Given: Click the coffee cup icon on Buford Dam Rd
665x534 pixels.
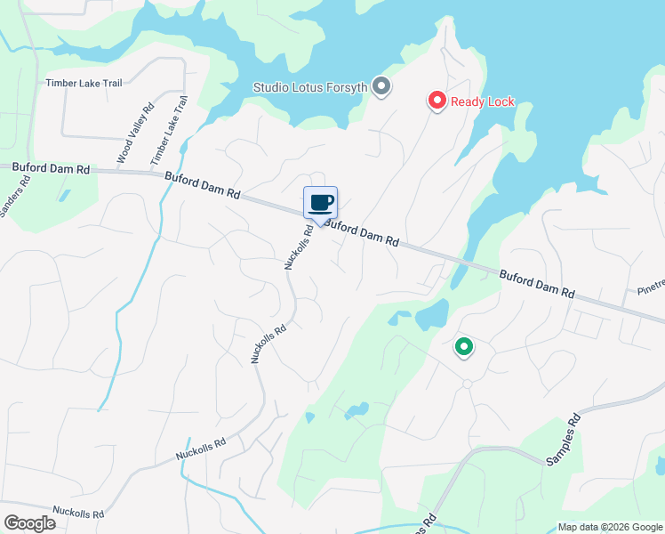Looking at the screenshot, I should [320, 202].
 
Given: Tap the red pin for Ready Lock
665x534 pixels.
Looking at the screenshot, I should [437, 101].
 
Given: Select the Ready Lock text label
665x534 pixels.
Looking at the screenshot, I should [482, 101].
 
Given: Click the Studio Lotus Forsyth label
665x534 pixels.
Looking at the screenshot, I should [309, 87].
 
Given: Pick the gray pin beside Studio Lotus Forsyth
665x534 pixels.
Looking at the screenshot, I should [381, 86].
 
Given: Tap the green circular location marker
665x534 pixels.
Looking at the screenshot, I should [463, 347].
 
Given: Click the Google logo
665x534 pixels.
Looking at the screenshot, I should [29, 523].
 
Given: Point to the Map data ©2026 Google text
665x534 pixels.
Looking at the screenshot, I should [610, 527].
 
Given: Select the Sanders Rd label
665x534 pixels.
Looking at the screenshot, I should [14, 195].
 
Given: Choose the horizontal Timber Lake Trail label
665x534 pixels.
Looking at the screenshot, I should [84, 83].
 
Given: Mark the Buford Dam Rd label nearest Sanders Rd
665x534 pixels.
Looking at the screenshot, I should [52, 167].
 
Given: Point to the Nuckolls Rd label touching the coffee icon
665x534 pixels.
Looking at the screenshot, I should [299, 246].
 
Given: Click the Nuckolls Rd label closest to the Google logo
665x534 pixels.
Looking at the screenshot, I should [78, 513].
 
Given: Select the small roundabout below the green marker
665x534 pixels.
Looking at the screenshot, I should [467, 384].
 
